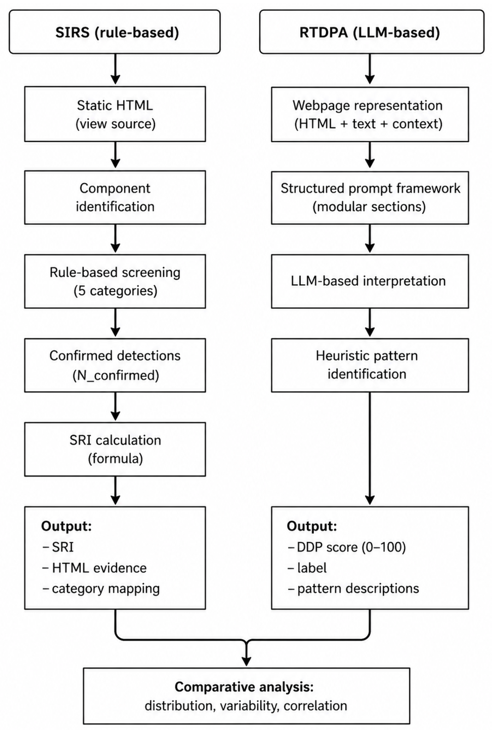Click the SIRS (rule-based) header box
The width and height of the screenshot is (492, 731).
point(115,32)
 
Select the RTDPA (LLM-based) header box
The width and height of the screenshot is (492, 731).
point(372,32)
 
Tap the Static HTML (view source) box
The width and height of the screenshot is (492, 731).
point(115,114)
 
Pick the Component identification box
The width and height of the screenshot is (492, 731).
point(115,197)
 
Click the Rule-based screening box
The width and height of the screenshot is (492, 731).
point(115,281)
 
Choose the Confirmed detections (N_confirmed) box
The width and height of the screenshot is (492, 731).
point(115,365)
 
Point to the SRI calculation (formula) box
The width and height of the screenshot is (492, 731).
point(115,449)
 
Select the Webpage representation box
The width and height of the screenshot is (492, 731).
point(370,114)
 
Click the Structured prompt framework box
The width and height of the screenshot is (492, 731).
point(370,198)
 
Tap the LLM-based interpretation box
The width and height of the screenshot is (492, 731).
point(370,281)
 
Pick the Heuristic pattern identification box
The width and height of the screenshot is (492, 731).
point(370,365)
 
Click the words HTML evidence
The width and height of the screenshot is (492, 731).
point(99,568)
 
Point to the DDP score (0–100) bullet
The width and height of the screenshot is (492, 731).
point(347,547)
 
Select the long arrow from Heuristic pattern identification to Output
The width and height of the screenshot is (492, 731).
point(370,448)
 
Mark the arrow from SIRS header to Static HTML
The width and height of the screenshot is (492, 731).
point(116,69)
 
